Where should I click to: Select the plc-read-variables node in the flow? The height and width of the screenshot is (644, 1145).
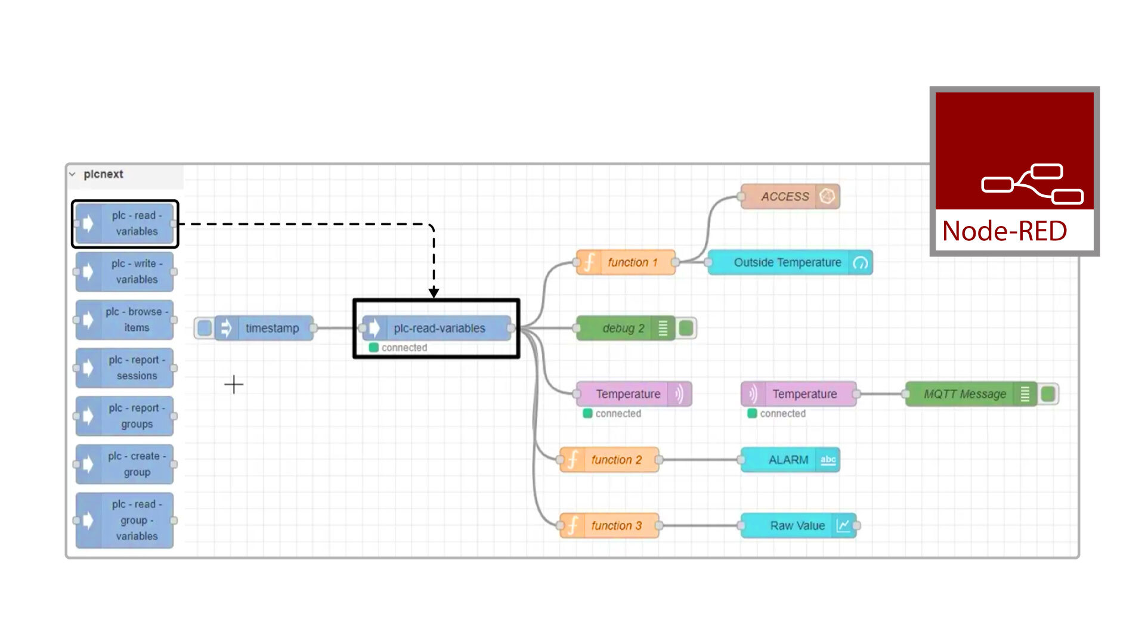tap(438, 328)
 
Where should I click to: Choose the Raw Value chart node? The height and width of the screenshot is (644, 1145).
tap(798, 525)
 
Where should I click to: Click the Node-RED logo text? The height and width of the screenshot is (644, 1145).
tap(1004, 231)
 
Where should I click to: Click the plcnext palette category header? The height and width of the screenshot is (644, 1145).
tap(103, 174)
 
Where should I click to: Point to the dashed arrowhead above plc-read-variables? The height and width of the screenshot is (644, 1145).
tap(434, 293)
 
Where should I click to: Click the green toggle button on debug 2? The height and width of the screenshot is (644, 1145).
tap(686, 328)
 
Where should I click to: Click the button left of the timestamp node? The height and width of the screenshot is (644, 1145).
tap(204, 328)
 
